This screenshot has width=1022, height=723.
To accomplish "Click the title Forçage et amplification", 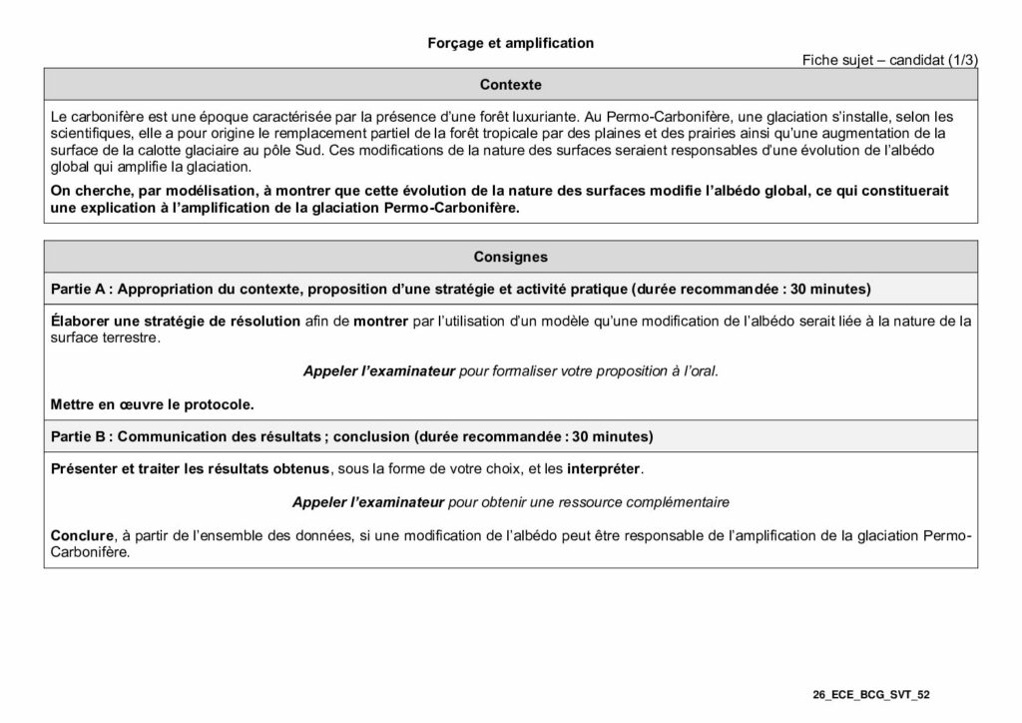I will point(510,43).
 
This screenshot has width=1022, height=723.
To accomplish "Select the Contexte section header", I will point(510,84).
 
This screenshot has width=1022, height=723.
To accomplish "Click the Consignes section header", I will point(510,257).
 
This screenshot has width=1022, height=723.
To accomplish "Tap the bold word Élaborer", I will point(79,322).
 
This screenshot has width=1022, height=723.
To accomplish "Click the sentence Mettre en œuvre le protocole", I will point(152,404).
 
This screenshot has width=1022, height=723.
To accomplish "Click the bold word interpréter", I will point(605,468).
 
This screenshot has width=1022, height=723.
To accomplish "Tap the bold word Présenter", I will point(85,468).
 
